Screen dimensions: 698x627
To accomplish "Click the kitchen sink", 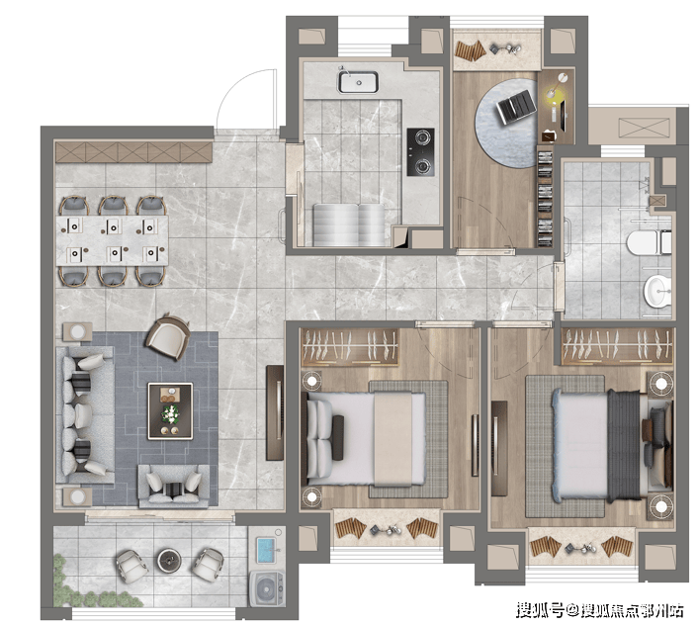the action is (358, 82).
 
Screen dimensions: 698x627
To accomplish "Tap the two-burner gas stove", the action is (420, 152).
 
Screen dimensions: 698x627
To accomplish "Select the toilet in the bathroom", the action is (650, 242).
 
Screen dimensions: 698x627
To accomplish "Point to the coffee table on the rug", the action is (170, 411).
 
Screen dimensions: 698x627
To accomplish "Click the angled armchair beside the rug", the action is (168, 337).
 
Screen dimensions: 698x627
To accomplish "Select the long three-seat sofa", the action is (85, 415).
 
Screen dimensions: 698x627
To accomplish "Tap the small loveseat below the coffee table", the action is (174, 486).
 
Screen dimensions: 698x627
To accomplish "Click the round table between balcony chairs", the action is (170, 560).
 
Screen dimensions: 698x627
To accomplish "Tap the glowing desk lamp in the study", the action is (552, 93).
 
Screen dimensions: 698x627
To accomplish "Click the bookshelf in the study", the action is (545, 197).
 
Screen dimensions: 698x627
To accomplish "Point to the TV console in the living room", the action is (275, 412).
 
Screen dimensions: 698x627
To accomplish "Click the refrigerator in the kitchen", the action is (349, 224).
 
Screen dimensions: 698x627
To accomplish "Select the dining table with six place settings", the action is (112, 240).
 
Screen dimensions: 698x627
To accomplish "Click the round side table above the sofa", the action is (77, 332).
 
